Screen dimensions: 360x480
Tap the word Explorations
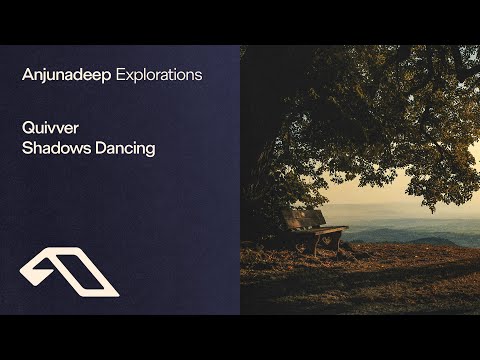tap(160, 75)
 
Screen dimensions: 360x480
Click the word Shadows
tap(54, 149)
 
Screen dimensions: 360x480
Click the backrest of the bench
tap(303, 219)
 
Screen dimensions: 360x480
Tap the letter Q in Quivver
tap(26, 128)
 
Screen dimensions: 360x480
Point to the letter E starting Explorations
tap(122, 74)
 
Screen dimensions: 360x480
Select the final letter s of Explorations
tap(199, 75)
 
